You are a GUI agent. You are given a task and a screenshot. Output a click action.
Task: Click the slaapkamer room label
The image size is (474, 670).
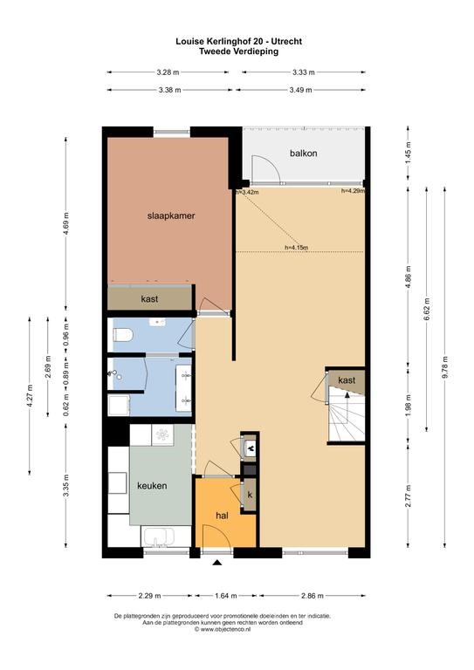pyautogui.click(x=171, y=215)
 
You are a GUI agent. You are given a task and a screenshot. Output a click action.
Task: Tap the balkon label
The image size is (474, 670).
pyautogui.click(x=304, y=153)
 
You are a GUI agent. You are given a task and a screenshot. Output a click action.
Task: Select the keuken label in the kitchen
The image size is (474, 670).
pyautogui.click(x=152, y=486)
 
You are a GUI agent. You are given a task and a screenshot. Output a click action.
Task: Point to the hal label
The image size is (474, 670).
pyautogui.click(x=222, y=516)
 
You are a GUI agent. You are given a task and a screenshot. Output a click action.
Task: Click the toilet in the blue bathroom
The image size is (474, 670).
pyautogui.click(x=122, y=335)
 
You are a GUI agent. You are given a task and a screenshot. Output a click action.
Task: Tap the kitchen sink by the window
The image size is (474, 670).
pyautogui.click(x=159, y=537)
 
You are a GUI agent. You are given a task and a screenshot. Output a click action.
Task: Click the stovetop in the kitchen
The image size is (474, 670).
pyautogui.click(x=163, y=435)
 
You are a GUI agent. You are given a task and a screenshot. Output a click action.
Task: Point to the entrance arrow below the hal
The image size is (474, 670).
pyautogui.click(x=217, y=563)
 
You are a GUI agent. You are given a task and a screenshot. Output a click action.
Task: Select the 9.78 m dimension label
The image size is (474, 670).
pyautogui.click(x=445, y=366)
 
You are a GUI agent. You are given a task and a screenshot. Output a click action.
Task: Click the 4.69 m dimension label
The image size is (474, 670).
pyautogui.click(x=65, y=223)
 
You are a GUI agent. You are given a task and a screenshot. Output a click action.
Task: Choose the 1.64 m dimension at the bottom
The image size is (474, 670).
pyautogui.click(x=227, y=596)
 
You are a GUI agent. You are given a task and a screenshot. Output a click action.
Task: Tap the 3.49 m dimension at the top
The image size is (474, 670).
pyautogui.click(x=300, y=90)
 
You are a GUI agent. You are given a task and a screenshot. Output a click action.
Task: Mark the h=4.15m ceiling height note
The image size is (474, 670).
pyautogui.click(x=297, y=247)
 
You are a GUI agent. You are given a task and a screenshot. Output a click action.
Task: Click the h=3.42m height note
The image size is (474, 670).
pyautogui.click(x=248, y=192)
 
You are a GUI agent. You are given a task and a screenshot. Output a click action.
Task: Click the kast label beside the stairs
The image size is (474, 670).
pyautogui.click(x=347, y=379)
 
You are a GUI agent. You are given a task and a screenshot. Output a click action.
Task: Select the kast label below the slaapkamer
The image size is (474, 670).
pyautogui.click(x=149, y=299)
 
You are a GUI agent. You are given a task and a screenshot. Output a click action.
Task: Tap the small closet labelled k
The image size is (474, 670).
pyautogui.click(x=250, y=496)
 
